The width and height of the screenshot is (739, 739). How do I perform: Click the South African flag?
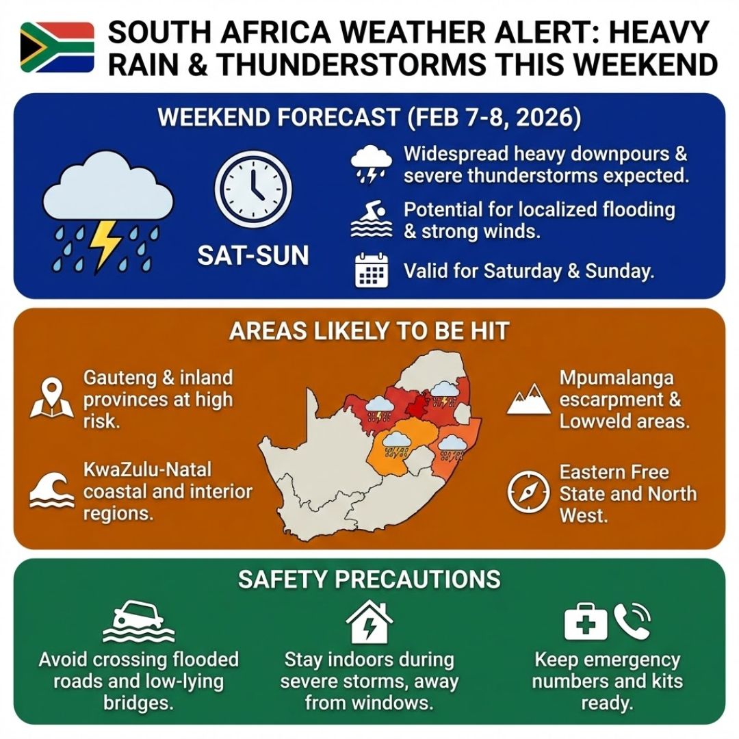pyautogui.click(x=57, y=47)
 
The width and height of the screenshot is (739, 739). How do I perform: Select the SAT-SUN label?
pyautogui.click(x=252, y=255)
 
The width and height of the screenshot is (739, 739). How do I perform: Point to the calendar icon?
pyautogui.click(x=372, y=271)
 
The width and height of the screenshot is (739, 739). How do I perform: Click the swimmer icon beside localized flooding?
pyautogui.click(x=372, y=220)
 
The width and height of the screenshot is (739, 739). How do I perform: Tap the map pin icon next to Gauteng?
pyautogui.click(x=52, y=399)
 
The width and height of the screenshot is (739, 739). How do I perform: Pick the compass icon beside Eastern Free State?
pyautogui.click(x=529, y=493)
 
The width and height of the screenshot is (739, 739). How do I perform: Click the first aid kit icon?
pyautogui.click(x=585, y=621)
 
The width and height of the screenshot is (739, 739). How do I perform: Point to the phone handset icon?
pyautogui.click(x=631, y=620)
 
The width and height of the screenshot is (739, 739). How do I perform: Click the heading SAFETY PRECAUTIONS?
pyautogui.click(x=369, y=580)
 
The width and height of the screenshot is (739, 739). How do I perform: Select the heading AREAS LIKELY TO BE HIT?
pyautogui.click(x=369, y=331)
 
